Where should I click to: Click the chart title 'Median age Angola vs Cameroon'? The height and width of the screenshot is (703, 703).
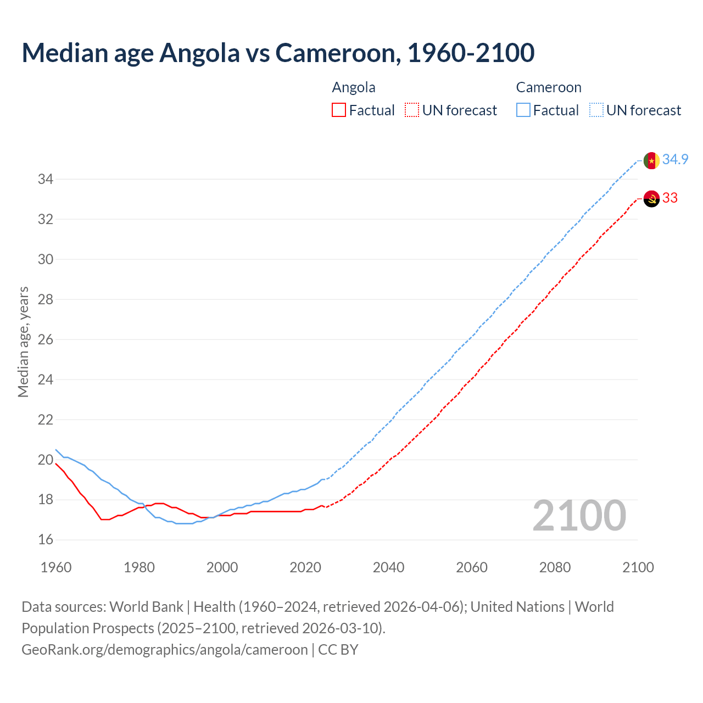click(x=278, y=53)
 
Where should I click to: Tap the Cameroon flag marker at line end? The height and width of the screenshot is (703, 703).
click(x=651, y=160)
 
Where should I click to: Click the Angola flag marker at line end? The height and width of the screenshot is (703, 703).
click(x=651, y=198)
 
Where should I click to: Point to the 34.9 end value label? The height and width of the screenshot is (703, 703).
click(x=675, y=160)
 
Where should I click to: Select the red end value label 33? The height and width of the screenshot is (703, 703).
click(x=670, y=198)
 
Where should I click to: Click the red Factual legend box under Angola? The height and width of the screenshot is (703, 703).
click(x=339, y=110)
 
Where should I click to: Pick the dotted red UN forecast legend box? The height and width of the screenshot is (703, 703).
click(x=412, y=110)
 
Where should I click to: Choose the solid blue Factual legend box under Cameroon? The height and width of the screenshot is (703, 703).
click(x=523, y=110)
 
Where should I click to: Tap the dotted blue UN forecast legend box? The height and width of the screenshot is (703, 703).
click(x=596, y=110)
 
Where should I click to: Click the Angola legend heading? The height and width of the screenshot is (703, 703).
click(x=354, y=88)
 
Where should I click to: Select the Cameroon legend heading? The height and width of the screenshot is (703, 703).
click(x=548, y=88)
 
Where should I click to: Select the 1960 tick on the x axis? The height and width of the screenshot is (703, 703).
click(x=56, y=567)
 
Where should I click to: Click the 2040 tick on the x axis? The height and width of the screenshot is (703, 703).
click(x=388, y=567)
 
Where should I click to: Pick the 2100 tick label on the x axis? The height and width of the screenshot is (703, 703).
click(x=638, y=567)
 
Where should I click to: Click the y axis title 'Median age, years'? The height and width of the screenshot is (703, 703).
click(x=23, y=342)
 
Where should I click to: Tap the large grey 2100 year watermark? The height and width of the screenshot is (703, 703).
click(x=579, y=516)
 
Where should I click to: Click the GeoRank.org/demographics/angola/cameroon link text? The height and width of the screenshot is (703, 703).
click(x=165, y=650)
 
